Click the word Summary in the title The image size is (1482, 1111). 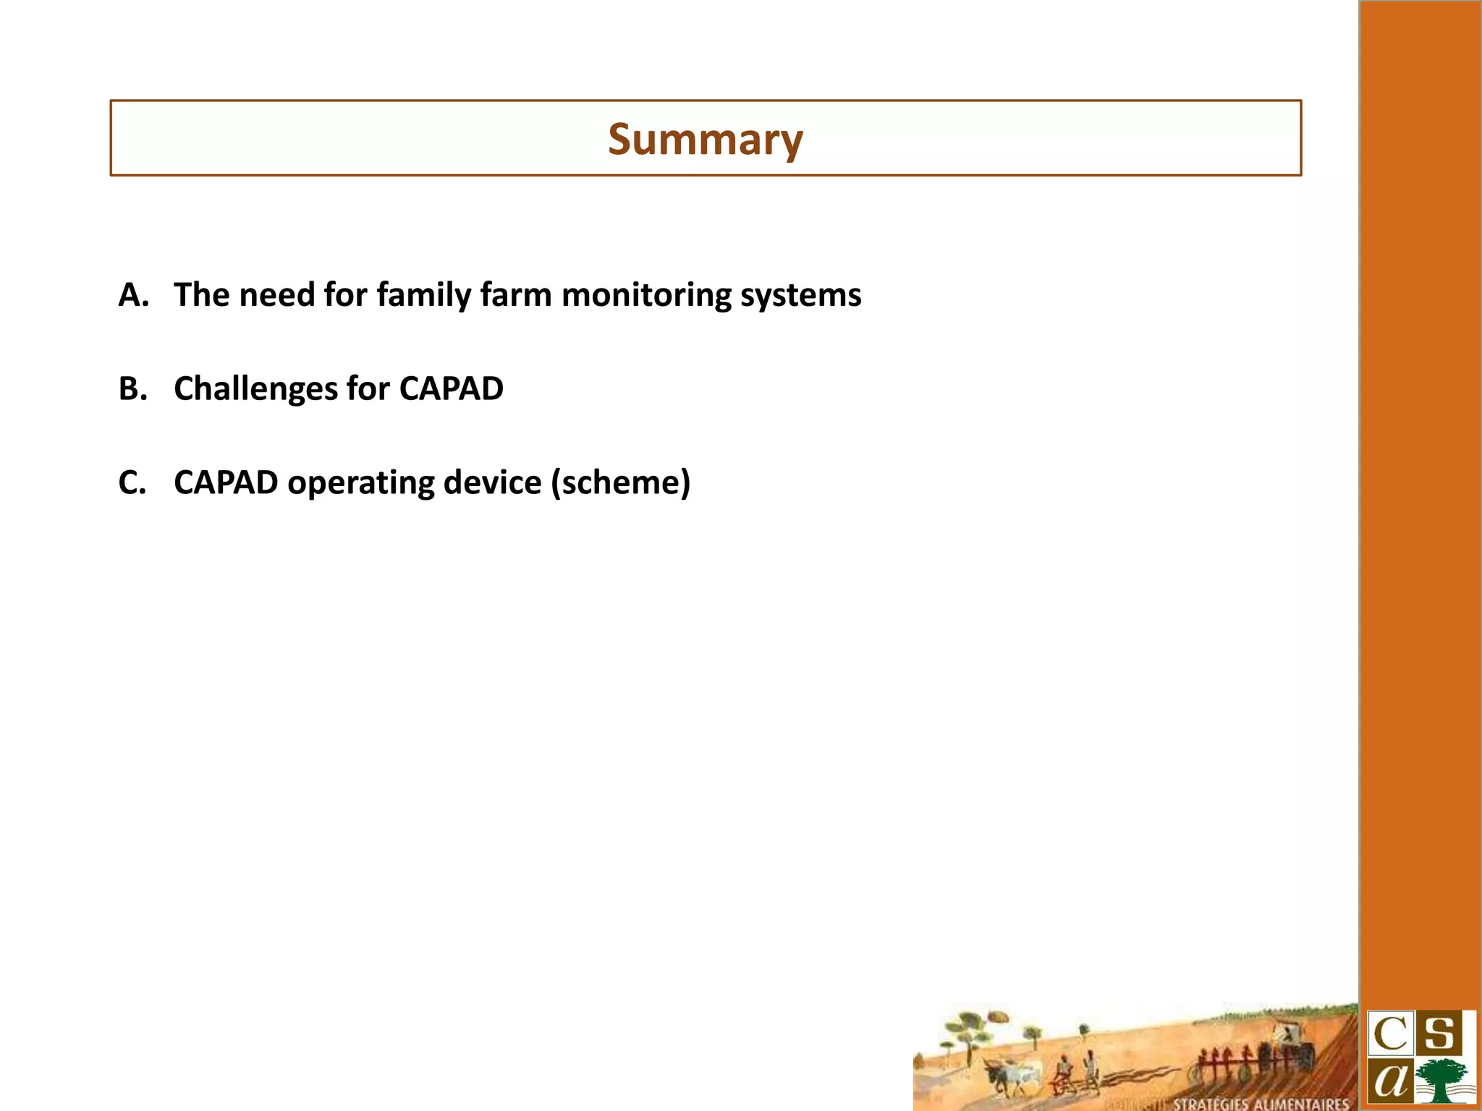[705, 139]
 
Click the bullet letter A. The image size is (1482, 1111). [132, 295]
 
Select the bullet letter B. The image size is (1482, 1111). [132, 388]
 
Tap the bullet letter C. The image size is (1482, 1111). [132, 482]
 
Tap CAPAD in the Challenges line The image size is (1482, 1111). [451, 388]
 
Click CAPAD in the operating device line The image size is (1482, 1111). [226, 482]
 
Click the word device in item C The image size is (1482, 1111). [492, 482]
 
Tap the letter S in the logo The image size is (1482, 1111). [1441, 1034]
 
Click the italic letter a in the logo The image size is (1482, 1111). [1389, 1081]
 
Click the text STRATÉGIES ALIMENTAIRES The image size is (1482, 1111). [1261, 1104]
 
